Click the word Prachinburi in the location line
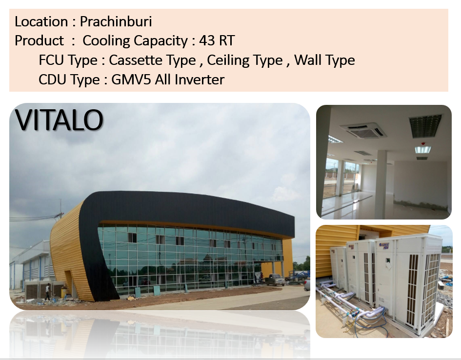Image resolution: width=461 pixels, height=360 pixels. (116, 21)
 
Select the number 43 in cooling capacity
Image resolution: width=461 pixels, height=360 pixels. (207, 40)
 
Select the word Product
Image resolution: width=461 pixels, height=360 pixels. (39, 40)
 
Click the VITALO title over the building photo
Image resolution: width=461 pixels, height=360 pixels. (59, 120)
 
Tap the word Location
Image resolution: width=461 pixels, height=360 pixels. (41, 21)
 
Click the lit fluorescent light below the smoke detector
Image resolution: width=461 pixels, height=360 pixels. (423, 150)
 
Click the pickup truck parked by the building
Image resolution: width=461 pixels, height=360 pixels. (275, 280)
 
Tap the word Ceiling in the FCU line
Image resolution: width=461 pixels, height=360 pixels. (244, 60)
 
